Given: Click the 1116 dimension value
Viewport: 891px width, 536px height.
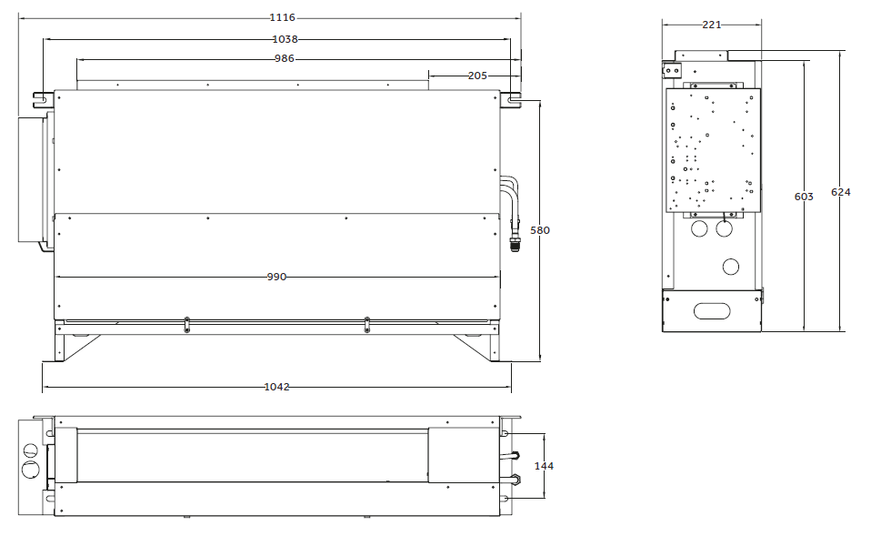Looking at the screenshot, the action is [x=282, y=17].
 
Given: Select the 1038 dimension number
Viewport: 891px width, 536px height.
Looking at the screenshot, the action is [x=285, y=39].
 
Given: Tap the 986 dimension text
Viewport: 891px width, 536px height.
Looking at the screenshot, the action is [x=284, y=58].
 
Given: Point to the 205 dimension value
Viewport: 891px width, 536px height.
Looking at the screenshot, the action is [x=477, y=76].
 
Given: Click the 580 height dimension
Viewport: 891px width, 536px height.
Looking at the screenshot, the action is [x=540, y=230].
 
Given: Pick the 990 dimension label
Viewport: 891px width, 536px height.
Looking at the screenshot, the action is [x=276, y=278].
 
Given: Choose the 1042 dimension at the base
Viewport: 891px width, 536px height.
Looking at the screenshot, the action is [x=276, y=387].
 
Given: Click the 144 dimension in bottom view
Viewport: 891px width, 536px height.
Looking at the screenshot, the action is [x=544, y=466].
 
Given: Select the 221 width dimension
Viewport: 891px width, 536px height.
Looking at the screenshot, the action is [x=711, y=25].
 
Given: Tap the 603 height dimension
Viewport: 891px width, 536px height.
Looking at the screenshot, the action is [x=804, y=197].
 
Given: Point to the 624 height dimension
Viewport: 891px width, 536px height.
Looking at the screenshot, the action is [x=840, y=192].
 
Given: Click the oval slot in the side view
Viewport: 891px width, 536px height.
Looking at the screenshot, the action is [x=711, y=310].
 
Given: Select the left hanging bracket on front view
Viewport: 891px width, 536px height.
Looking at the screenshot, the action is [x=43, y=99].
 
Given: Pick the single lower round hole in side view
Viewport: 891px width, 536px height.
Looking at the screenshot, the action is [x=731, y=267].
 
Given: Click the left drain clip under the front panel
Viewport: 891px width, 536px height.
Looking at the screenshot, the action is [x=187, y=324].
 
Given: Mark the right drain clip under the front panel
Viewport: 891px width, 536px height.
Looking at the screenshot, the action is [x=366, y=324].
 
